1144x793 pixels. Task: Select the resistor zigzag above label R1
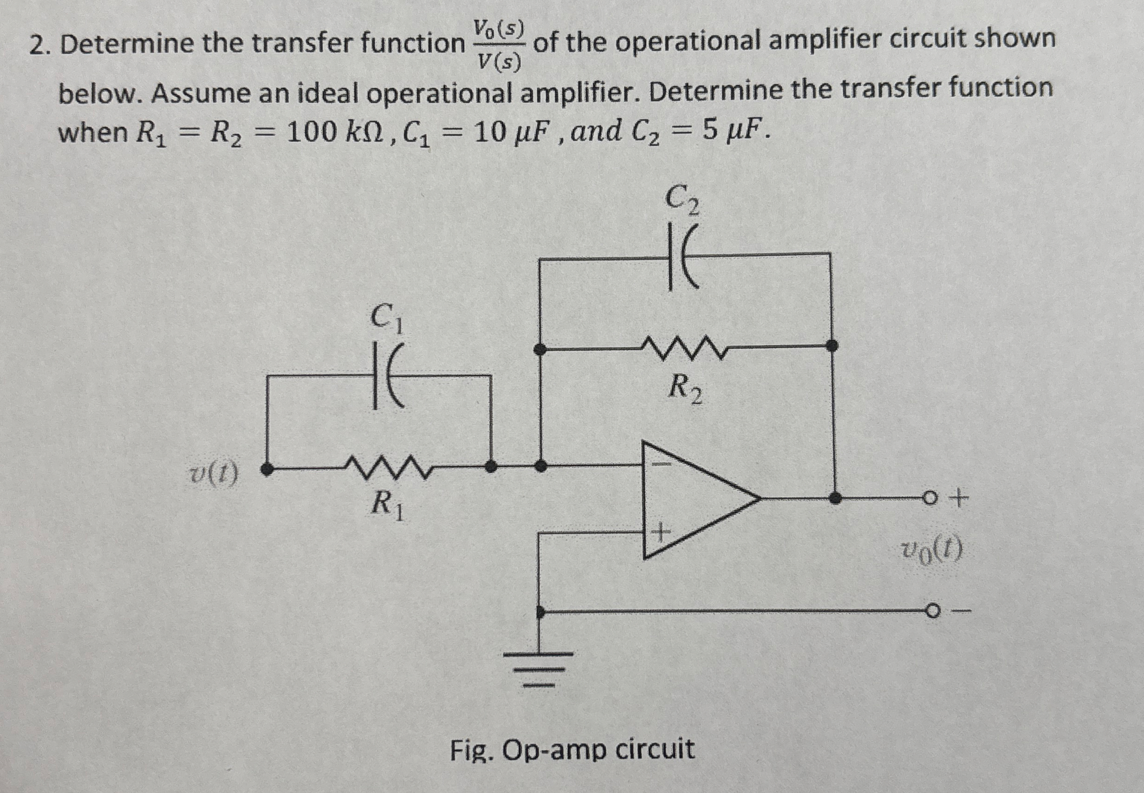tap(390, 467)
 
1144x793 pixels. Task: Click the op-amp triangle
tap(695, 499)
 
